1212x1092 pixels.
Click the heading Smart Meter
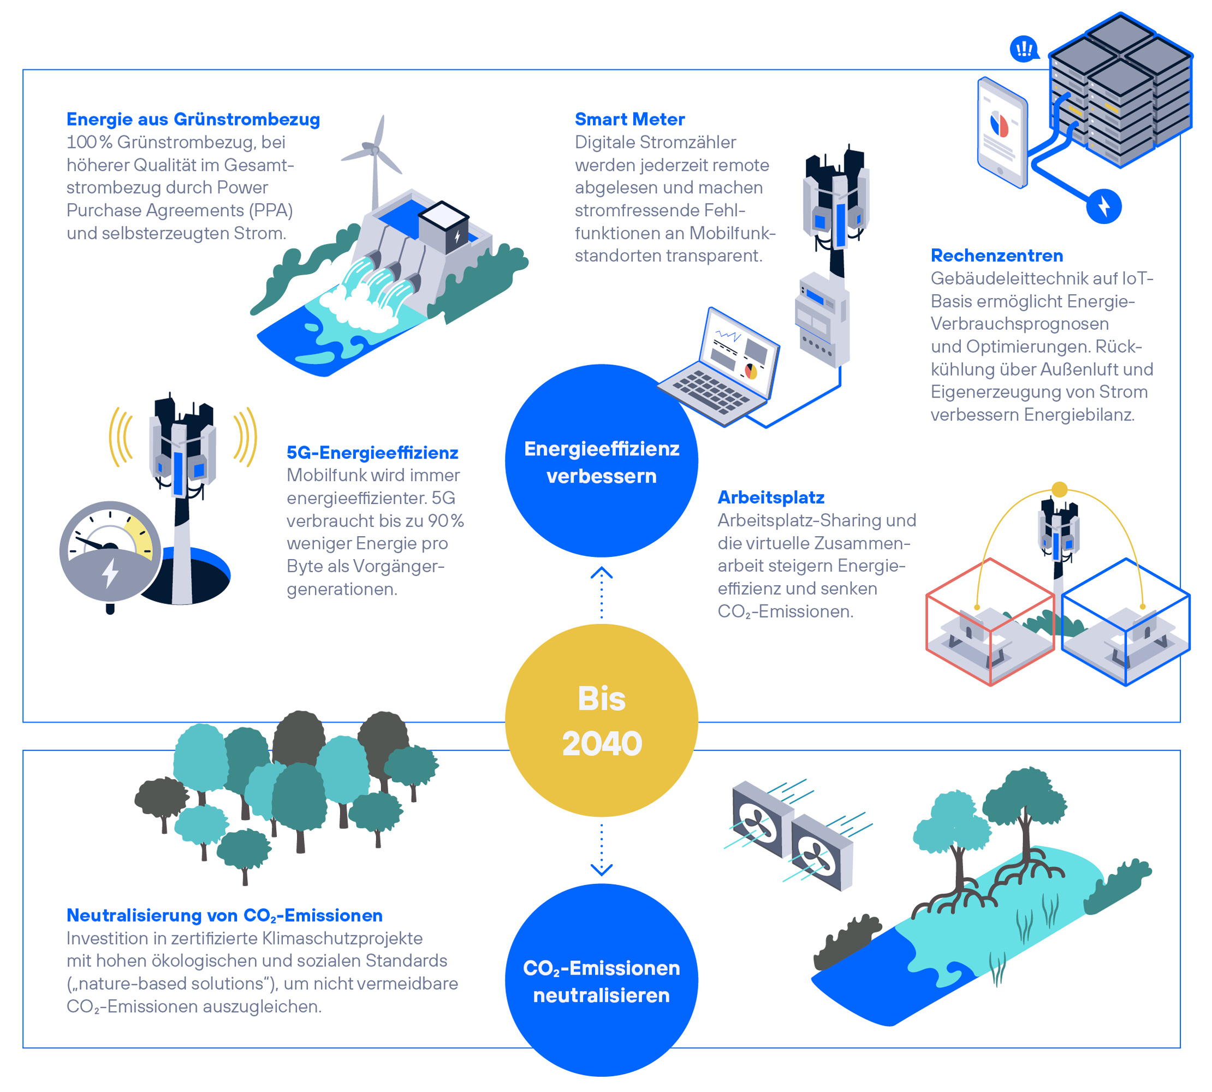pyautogui.click(x=629, y=120)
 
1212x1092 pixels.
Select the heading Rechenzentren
pyautogui.click(x=996, y=256)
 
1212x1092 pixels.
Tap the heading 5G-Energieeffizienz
pyautogui.click(x=372, y=453)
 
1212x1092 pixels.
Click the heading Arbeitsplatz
pyautogui.click(x=771, y=497)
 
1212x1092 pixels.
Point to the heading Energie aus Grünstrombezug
pyautogui.click(x=193, y=120)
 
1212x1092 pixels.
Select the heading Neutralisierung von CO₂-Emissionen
pyautogui.click(x=224, y=916)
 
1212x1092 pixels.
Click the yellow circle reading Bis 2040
pyautogui.click(x=601, y=720)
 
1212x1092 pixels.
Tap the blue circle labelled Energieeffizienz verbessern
pyautogui.click(x=601, y=461)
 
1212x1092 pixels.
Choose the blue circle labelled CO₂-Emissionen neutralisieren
pyautogui.click(x=601, y=981)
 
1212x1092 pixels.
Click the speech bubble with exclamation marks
pyautogui.click(x=1024, y=49)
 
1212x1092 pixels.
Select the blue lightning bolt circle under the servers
pyautogui.click(x=1103, y=206)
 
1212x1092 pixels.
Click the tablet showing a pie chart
pyautogui.click(x=1001, y=133)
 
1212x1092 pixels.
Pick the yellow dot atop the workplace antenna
pyautogui.click(x=1060, y=490)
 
